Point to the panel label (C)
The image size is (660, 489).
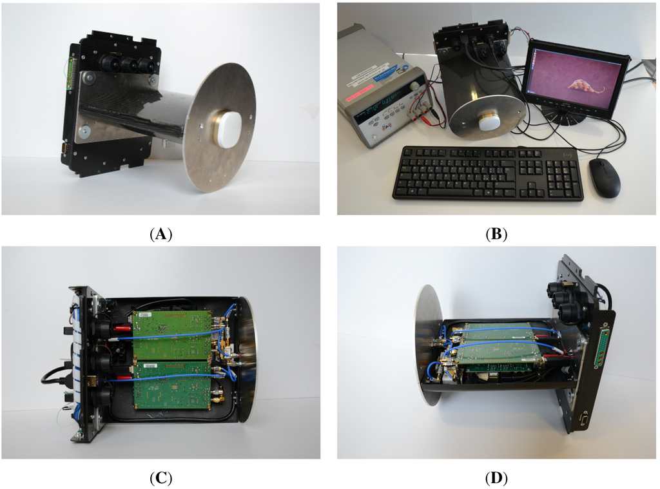coord(160,478)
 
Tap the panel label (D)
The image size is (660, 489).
coord(496,478)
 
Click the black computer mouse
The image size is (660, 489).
coord(605,178)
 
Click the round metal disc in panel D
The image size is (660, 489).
coord(427,344)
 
